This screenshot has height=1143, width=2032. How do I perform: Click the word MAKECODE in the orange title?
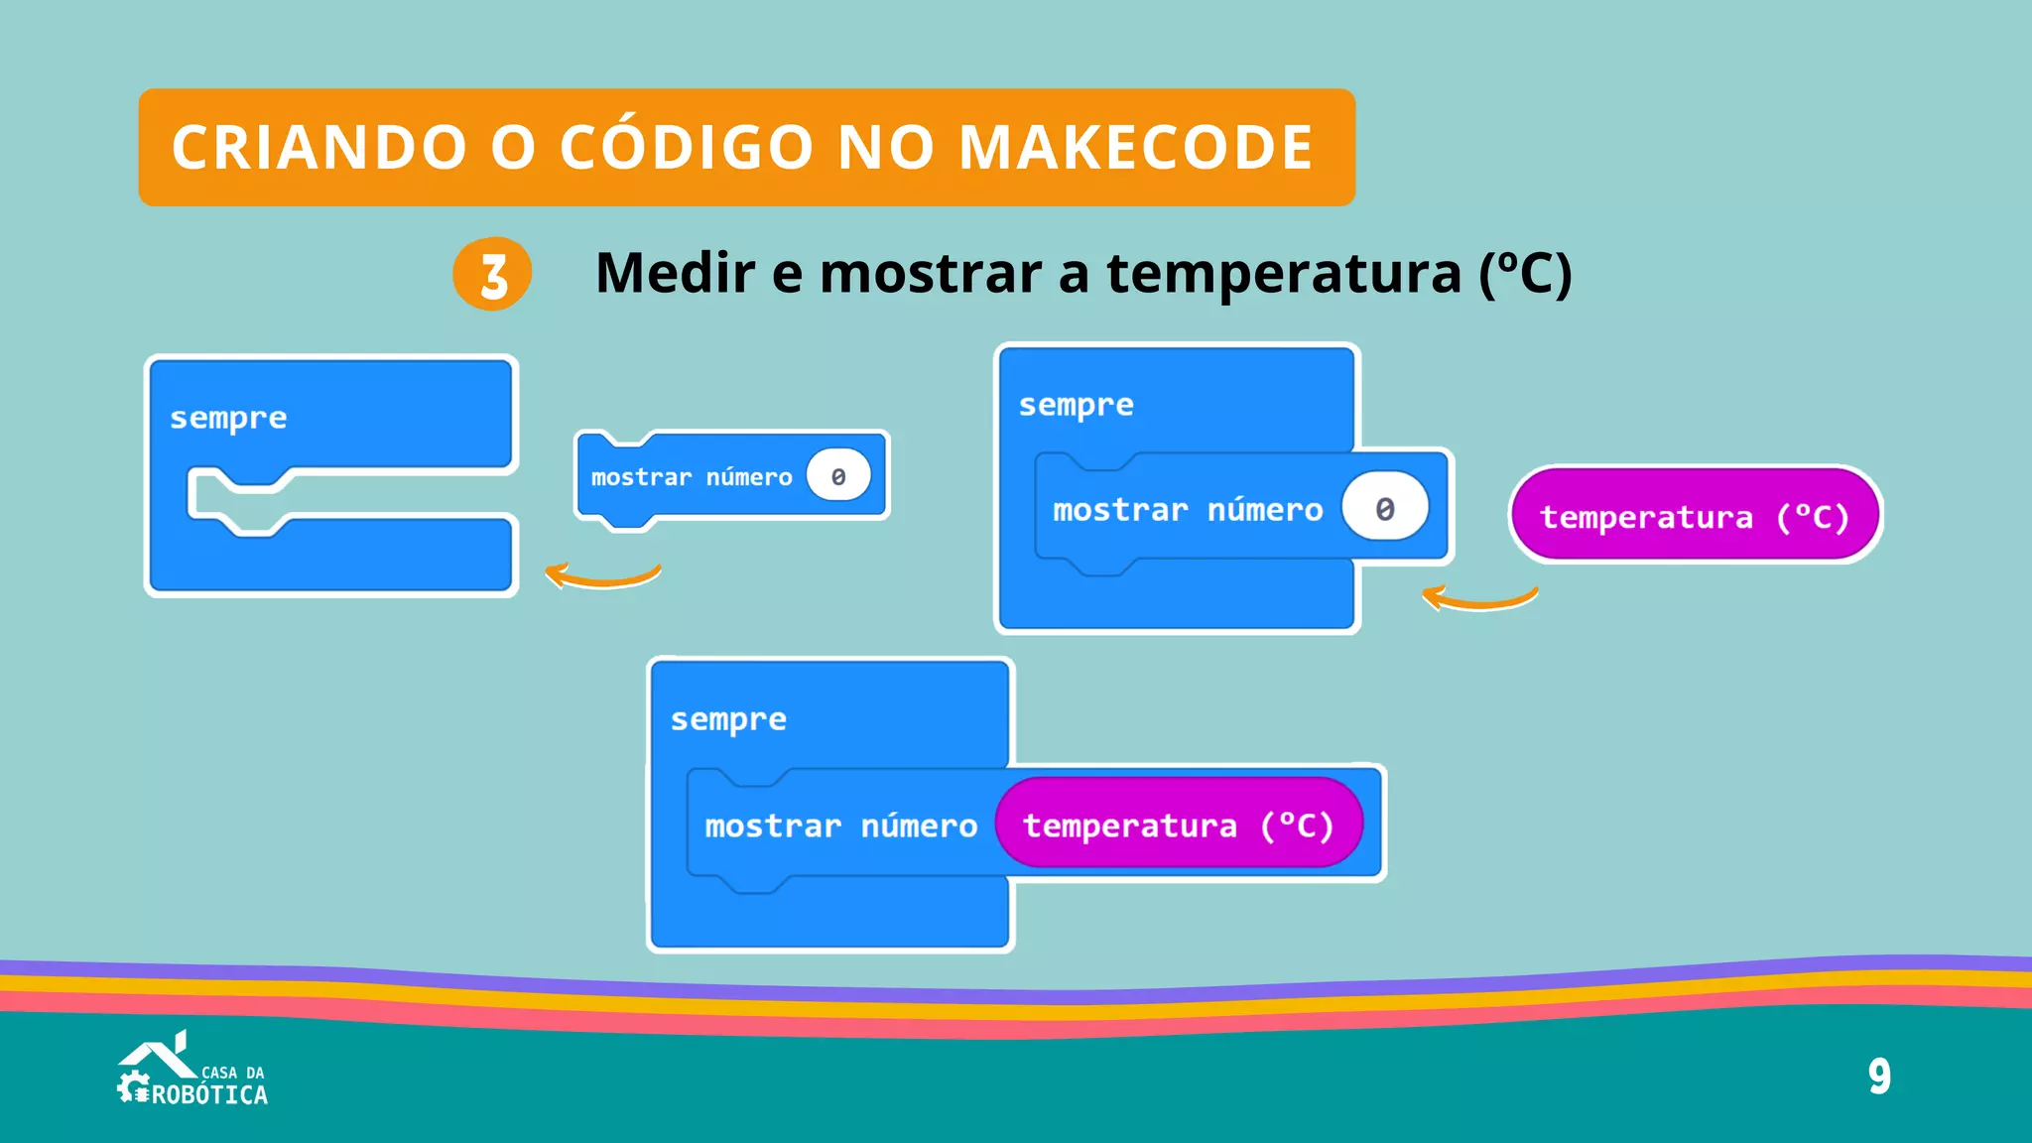click(1135, 148)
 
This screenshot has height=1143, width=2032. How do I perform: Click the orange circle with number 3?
click(492, 274)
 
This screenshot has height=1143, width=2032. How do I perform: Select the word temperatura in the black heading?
click(1284, 274)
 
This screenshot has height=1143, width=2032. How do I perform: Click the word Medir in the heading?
click(675, 274)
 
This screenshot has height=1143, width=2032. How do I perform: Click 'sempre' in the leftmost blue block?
click(228, 418)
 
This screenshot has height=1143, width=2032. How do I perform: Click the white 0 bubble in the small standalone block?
click(838, 476)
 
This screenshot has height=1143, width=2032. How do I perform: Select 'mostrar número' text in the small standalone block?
click(692, 477)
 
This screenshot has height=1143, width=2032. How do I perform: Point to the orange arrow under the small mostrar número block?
click(602, 575)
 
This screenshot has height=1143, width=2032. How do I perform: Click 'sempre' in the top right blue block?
click(1076, 405)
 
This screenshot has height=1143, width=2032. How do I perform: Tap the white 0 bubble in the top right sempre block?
click(1385, 508)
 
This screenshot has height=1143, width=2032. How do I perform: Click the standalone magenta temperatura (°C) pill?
click(1695, 516)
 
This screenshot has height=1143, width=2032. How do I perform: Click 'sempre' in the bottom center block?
click(728, 719)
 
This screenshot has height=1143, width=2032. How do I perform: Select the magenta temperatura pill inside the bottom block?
click(1179, 825)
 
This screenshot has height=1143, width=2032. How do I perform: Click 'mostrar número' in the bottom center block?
click(840, 825)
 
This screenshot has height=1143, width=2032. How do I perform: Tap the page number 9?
click(1879, 1077)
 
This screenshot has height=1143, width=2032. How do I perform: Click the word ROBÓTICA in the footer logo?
click(209, 1095)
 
